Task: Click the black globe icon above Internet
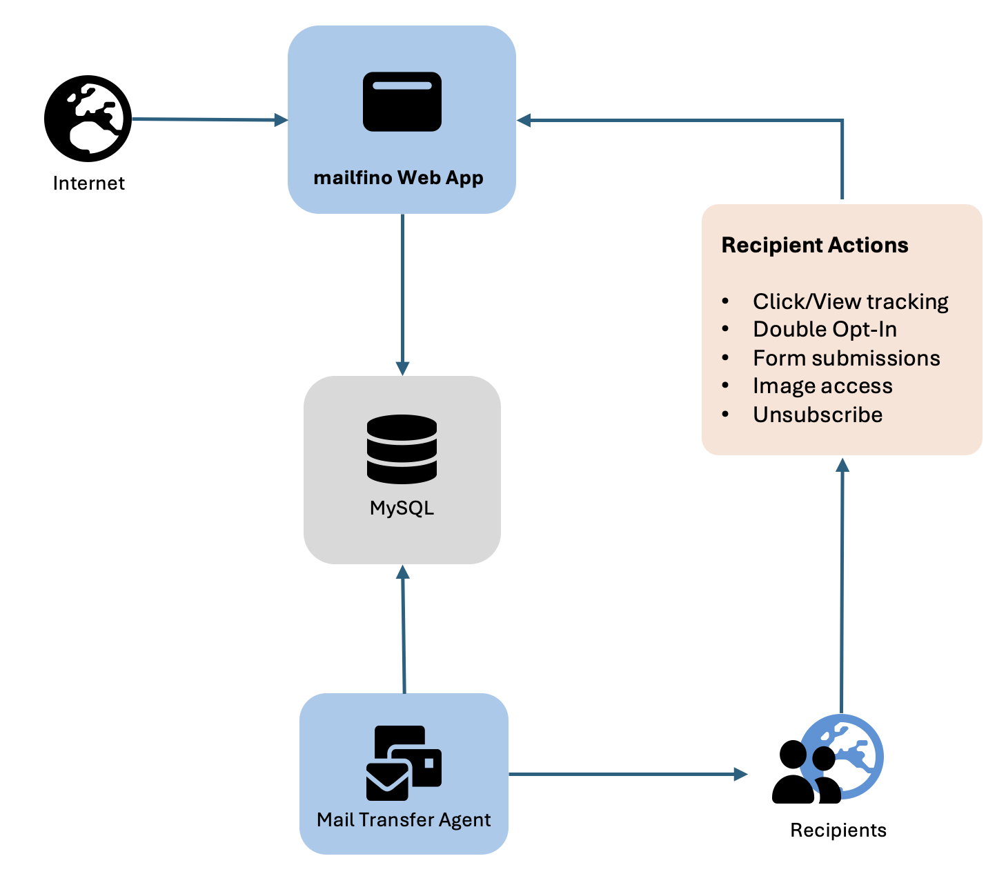coord(88,119)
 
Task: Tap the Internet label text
coord(88,183)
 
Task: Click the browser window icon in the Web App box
coord(402,101)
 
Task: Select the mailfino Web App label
coord(398,178)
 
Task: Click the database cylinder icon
coord(402,449)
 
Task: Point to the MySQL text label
coord(402,508)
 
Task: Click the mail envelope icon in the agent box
coord(403,763)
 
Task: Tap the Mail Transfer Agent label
coord(404,820)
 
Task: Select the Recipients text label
coord(838,830)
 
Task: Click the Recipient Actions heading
coord(814,246)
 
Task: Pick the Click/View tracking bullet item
coord(850,301)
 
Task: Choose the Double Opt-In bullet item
coord(825,330)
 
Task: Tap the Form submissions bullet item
coord(846,359)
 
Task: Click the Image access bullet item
coord(822,386)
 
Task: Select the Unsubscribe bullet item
coord(818,415)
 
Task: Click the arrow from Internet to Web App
coord(207,119)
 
